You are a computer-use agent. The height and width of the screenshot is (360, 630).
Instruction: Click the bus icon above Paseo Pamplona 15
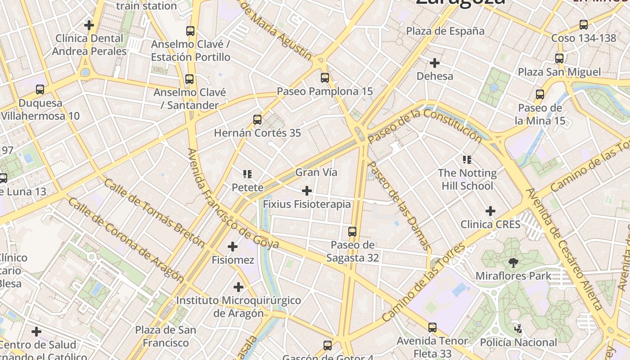325,78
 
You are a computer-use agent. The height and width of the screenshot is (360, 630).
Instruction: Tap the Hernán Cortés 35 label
257,133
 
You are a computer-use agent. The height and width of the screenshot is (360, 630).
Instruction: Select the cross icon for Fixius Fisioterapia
307,191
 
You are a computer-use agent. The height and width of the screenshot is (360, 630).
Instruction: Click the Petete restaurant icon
247,174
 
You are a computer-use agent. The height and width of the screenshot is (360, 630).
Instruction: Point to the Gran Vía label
316,172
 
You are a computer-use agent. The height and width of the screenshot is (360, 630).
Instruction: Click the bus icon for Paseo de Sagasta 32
352,232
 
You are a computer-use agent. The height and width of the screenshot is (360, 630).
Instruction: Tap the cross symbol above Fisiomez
233,247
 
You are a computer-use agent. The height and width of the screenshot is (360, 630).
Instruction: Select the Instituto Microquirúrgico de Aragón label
238,306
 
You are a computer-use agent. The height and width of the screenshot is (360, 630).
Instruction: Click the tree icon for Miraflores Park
513,262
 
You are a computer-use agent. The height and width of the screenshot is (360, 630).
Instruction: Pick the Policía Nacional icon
518,328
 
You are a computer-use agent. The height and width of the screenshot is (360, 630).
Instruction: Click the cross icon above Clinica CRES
490,211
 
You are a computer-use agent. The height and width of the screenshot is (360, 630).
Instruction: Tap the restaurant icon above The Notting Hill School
467,159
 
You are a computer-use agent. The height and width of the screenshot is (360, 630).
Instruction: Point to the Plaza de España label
445,31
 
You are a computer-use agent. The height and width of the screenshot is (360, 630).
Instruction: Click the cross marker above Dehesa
435,63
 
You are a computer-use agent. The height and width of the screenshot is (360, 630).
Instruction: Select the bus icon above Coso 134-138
584,25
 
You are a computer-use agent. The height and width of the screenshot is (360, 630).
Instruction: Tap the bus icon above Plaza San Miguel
559,58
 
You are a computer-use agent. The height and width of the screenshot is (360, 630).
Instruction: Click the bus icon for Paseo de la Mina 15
540,94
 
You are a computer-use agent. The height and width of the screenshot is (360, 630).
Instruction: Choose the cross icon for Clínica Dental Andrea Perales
89,25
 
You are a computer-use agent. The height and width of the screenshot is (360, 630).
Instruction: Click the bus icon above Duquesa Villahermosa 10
40,90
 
